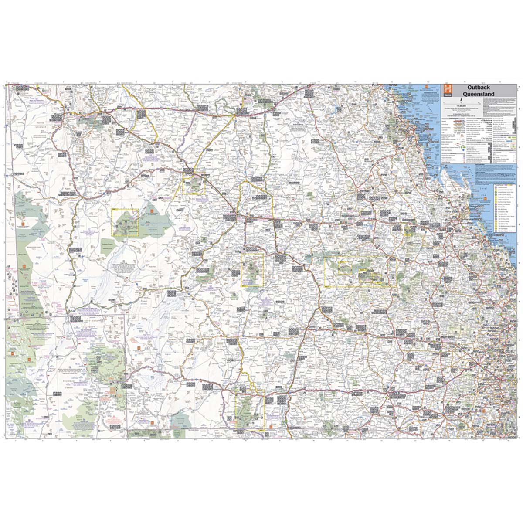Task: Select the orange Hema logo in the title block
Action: coord(446,90)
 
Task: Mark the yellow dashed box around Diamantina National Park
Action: coord(126,222)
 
